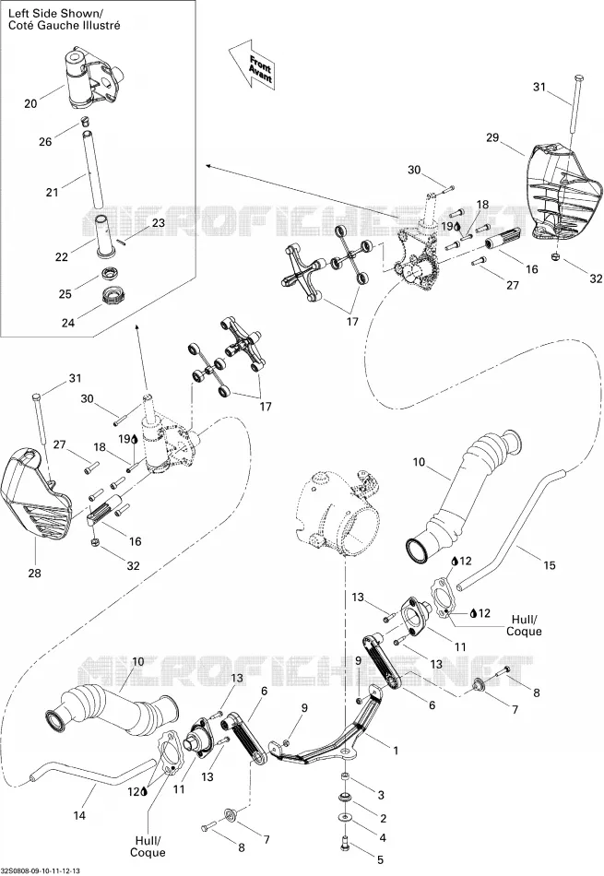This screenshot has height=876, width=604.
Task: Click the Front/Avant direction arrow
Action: coord(253,65)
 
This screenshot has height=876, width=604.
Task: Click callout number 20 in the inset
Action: coord(30,103)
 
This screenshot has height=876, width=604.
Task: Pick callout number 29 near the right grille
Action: coord(492,137)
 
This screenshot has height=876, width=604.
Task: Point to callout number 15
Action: coord(550,565)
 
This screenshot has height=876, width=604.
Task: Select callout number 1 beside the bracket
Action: coord(396,751)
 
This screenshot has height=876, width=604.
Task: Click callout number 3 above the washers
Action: coord(381,795)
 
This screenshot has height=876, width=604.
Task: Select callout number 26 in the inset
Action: coord(45,142)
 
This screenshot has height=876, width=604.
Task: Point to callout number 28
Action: coord(34,574)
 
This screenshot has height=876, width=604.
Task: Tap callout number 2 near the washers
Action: coord(384,819)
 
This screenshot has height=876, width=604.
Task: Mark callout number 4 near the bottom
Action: coord(383,838)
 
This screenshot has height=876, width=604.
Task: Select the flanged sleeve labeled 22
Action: coord(102,237)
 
